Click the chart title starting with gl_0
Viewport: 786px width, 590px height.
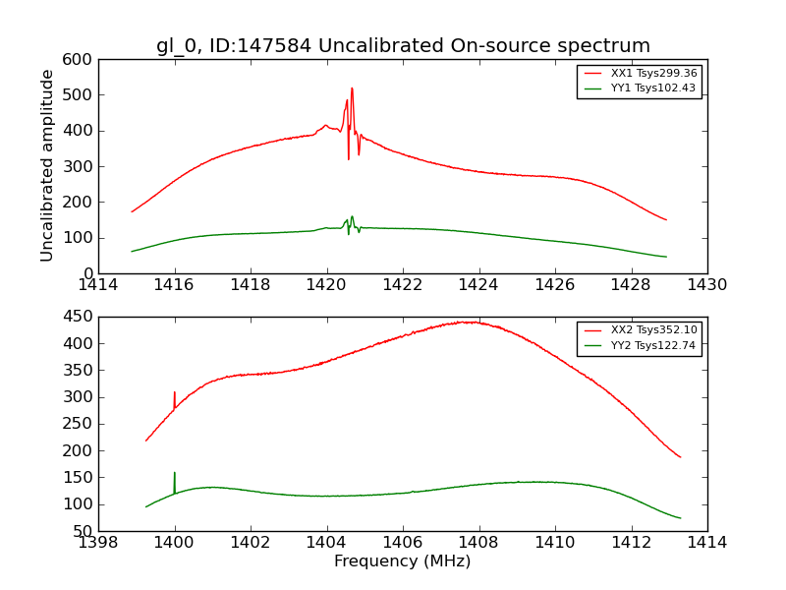tap(403, 45)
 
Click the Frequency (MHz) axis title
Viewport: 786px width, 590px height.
tap(403, 561)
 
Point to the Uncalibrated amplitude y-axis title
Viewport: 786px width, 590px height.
tap(47, 165)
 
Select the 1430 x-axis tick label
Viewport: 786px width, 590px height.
tap(707, 284)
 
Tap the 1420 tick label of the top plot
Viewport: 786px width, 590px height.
tap(327, 284)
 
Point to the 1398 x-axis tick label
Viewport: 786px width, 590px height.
tap(98, 542)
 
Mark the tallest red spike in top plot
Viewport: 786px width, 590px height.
tap(352, 89)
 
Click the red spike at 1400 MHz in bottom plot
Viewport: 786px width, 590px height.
tap(175, 393)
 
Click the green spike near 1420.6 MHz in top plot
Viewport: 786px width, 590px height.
tap(352, 217)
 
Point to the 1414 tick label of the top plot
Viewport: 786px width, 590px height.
tap(98, 284)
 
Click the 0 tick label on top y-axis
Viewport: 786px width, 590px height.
tap(89, 273)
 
